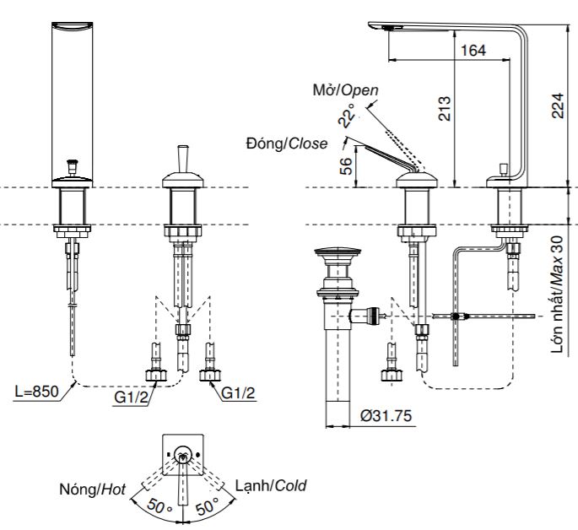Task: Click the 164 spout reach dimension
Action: point(474,51)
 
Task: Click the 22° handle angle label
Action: point(345,116)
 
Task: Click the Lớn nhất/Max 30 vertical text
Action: point(559,295)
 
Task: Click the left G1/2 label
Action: point(128,394)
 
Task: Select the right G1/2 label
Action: point(238,394)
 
